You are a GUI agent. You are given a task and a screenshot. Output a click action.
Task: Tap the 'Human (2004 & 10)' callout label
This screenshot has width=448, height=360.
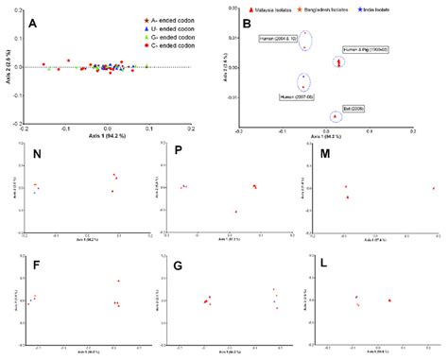280,39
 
